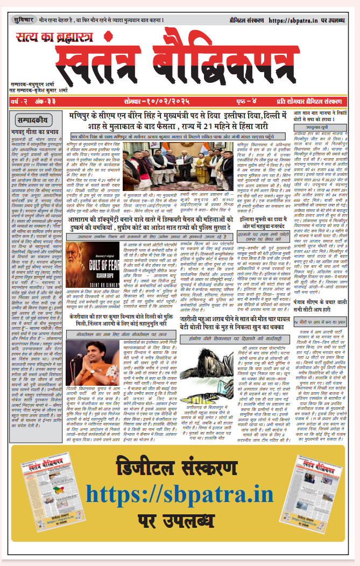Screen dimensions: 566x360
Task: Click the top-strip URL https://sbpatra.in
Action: click(299, 20)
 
